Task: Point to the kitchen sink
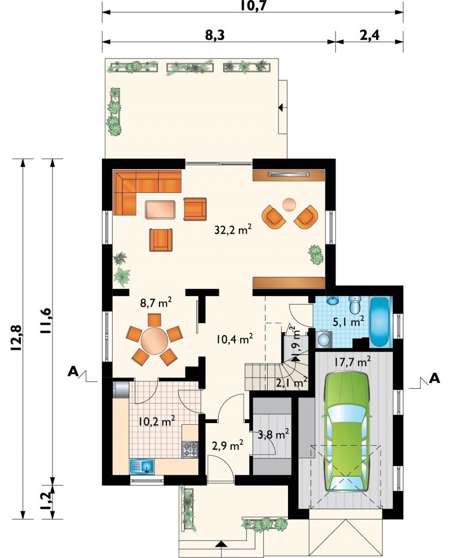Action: point(142,466)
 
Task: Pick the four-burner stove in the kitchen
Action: point(191,449)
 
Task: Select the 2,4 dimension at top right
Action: point(370,35)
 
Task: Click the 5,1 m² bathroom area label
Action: point(348,322)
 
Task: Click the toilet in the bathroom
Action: point(355,304)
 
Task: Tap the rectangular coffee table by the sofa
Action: point(160,209)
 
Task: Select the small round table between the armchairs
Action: point(289,204)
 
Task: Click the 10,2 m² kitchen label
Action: point(157,421)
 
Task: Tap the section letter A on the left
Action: point(73,372)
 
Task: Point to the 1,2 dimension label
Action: point(47,501)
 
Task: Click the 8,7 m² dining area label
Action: point(156,303)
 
